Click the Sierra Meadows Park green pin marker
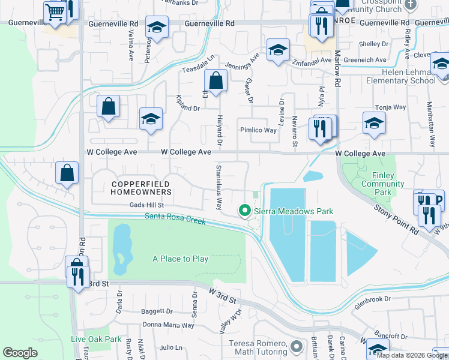pyautogui.click(x=244, y=211)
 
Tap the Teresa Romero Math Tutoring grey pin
pyautogui.click(x=295, y=346)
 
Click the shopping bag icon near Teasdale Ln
pyautogui.click(x=215, y=80)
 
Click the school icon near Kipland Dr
pyautogui.click(x=151, y=118)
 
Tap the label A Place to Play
pyautogui.click(x=180, y=259)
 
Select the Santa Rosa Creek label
pyautogui.click(x=175, y=220)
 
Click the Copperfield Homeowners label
pyautogui.click(x=141, y=187)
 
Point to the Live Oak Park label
pyautogui.click(x=96, y=339)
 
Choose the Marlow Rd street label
pyautogui.click(x=338, y=73)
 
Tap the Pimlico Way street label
pyautogui.click(x=258, y=130)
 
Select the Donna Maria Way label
pyautogui.click(x=170, y=325)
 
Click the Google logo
pyautogui.click(x=20, y=353)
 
